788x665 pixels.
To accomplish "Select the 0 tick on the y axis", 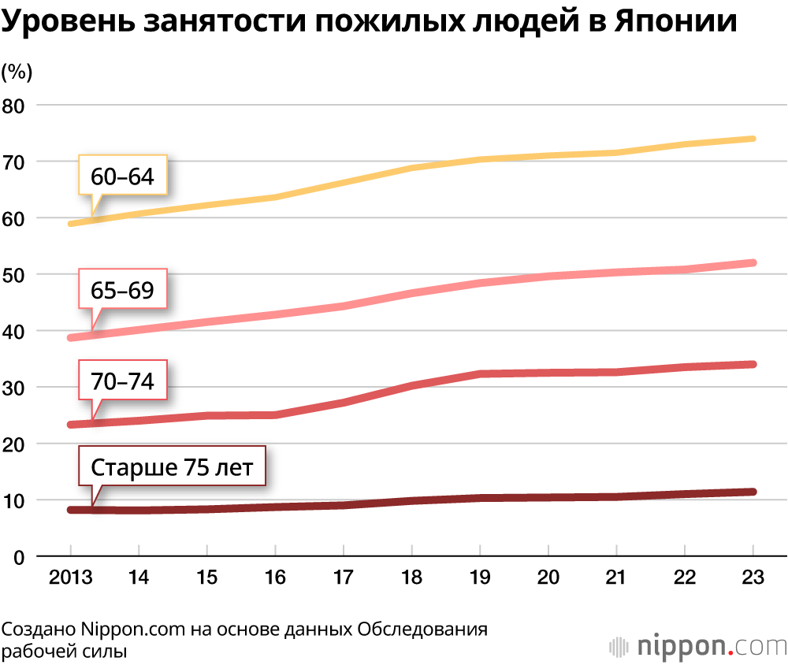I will pos(18,557).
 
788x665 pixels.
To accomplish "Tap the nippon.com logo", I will pos(697,646).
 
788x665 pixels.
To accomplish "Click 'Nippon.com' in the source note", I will pos(132,630).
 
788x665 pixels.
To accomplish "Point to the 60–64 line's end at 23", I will pos(753,139).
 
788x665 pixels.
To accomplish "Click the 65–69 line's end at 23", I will pos(753,262).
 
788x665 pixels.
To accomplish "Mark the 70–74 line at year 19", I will pos(480,373).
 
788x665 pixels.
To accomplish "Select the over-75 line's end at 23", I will pos(753,492).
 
